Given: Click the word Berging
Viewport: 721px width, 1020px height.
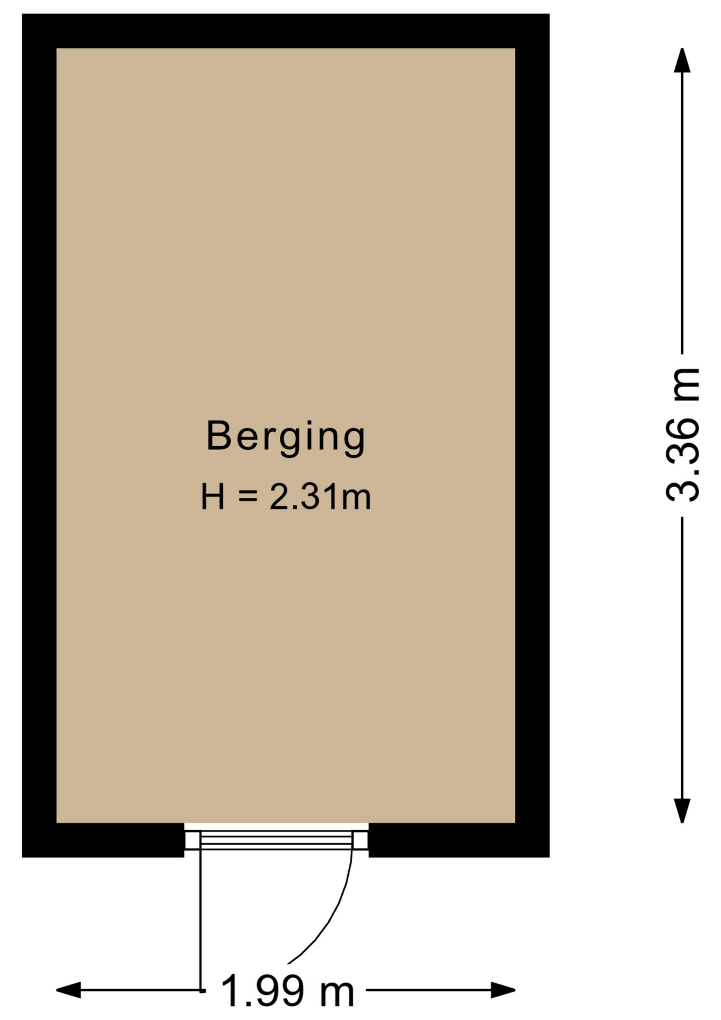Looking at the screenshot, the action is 286,437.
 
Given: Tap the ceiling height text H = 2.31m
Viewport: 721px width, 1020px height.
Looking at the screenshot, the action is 286,497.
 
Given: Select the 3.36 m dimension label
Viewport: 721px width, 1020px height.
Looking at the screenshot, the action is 683,435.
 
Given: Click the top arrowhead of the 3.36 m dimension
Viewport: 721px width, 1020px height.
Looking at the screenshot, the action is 682,59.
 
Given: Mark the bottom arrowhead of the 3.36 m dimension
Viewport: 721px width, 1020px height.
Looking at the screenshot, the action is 682,811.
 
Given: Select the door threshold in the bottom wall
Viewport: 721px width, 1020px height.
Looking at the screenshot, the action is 276,840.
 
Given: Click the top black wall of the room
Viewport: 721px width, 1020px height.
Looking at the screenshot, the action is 286,31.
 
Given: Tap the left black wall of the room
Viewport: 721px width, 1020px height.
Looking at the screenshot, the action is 39,436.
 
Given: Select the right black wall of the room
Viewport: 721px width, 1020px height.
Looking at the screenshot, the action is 533,436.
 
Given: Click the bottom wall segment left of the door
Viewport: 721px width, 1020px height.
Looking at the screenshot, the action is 103,840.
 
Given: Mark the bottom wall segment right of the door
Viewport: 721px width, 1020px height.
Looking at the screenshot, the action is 459,840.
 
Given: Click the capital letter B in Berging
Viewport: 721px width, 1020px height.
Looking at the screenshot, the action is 218,436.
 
